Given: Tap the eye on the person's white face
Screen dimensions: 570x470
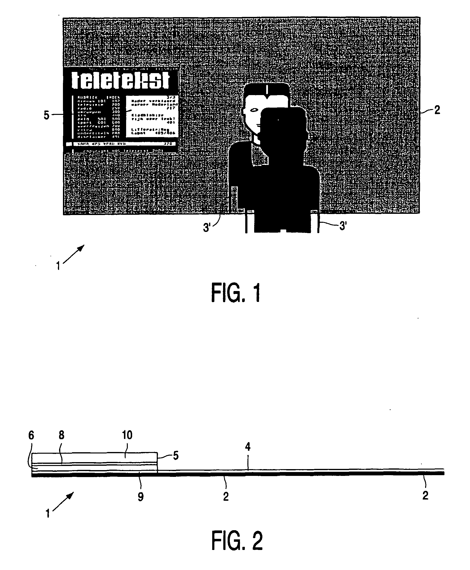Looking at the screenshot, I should tap(254, 110).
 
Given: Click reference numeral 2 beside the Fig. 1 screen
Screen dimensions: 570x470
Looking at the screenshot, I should tap(437, 110).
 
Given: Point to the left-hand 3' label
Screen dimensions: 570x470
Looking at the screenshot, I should tap(207, 228).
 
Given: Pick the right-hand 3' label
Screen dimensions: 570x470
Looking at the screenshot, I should tap(343, 226).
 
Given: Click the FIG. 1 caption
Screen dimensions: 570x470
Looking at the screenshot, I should tap(236, 293).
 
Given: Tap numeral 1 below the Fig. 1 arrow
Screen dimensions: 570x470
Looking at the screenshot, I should tap(58, 266).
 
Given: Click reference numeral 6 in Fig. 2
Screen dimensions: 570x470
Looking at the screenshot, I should tap(31, 435).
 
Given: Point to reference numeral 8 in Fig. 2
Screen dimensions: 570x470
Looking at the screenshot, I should tap(61, 435).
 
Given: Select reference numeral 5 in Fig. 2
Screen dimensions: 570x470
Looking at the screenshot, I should tap(176, 456).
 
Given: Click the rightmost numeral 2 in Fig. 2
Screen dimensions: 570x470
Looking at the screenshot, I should tap(425, 495).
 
